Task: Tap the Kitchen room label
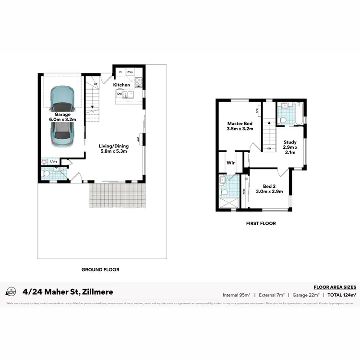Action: [121, 85]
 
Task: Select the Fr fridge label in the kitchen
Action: [120, 72]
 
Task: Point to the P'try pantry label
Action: [130, 72]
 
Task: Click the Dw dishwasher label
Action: [119, 94]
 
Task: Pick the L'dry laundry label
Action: [54, 161]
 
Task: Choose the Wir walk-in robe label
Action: [230, 163]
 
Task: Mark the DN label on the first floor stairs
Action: [269, 149]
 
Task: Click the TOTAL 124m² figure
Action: [342, 294]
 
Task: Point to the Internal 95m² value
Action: [237, 294]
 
